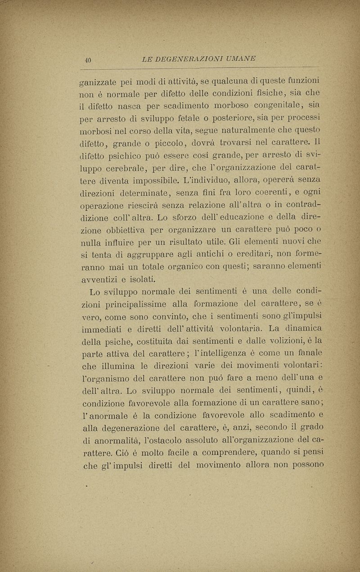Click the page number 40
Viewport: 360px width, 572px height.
coord(88,59)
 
